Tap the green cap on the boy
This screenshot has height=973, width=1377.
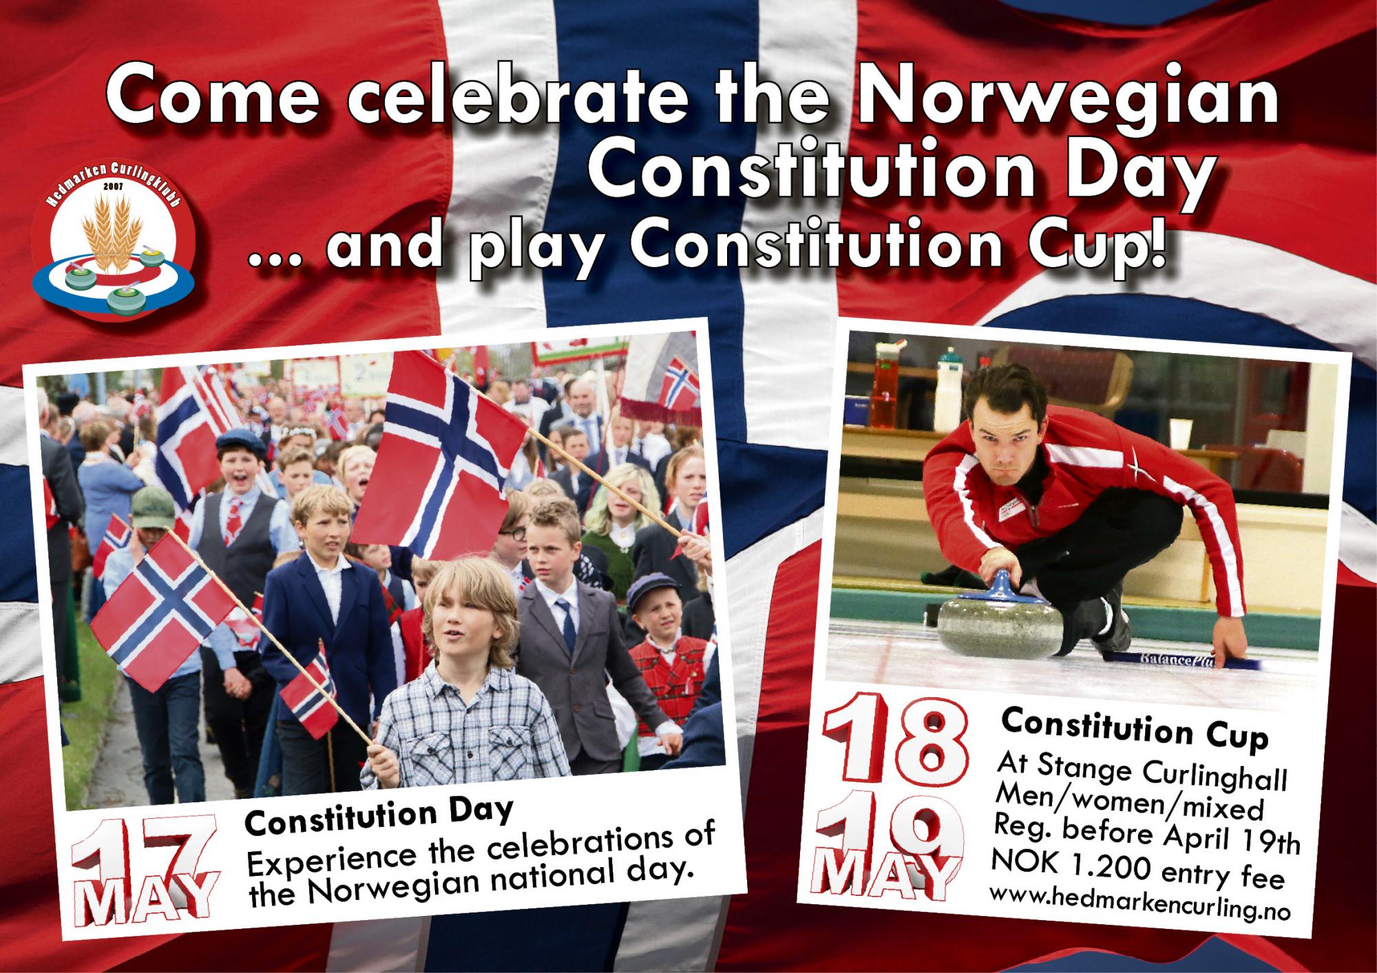(152, 509)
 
